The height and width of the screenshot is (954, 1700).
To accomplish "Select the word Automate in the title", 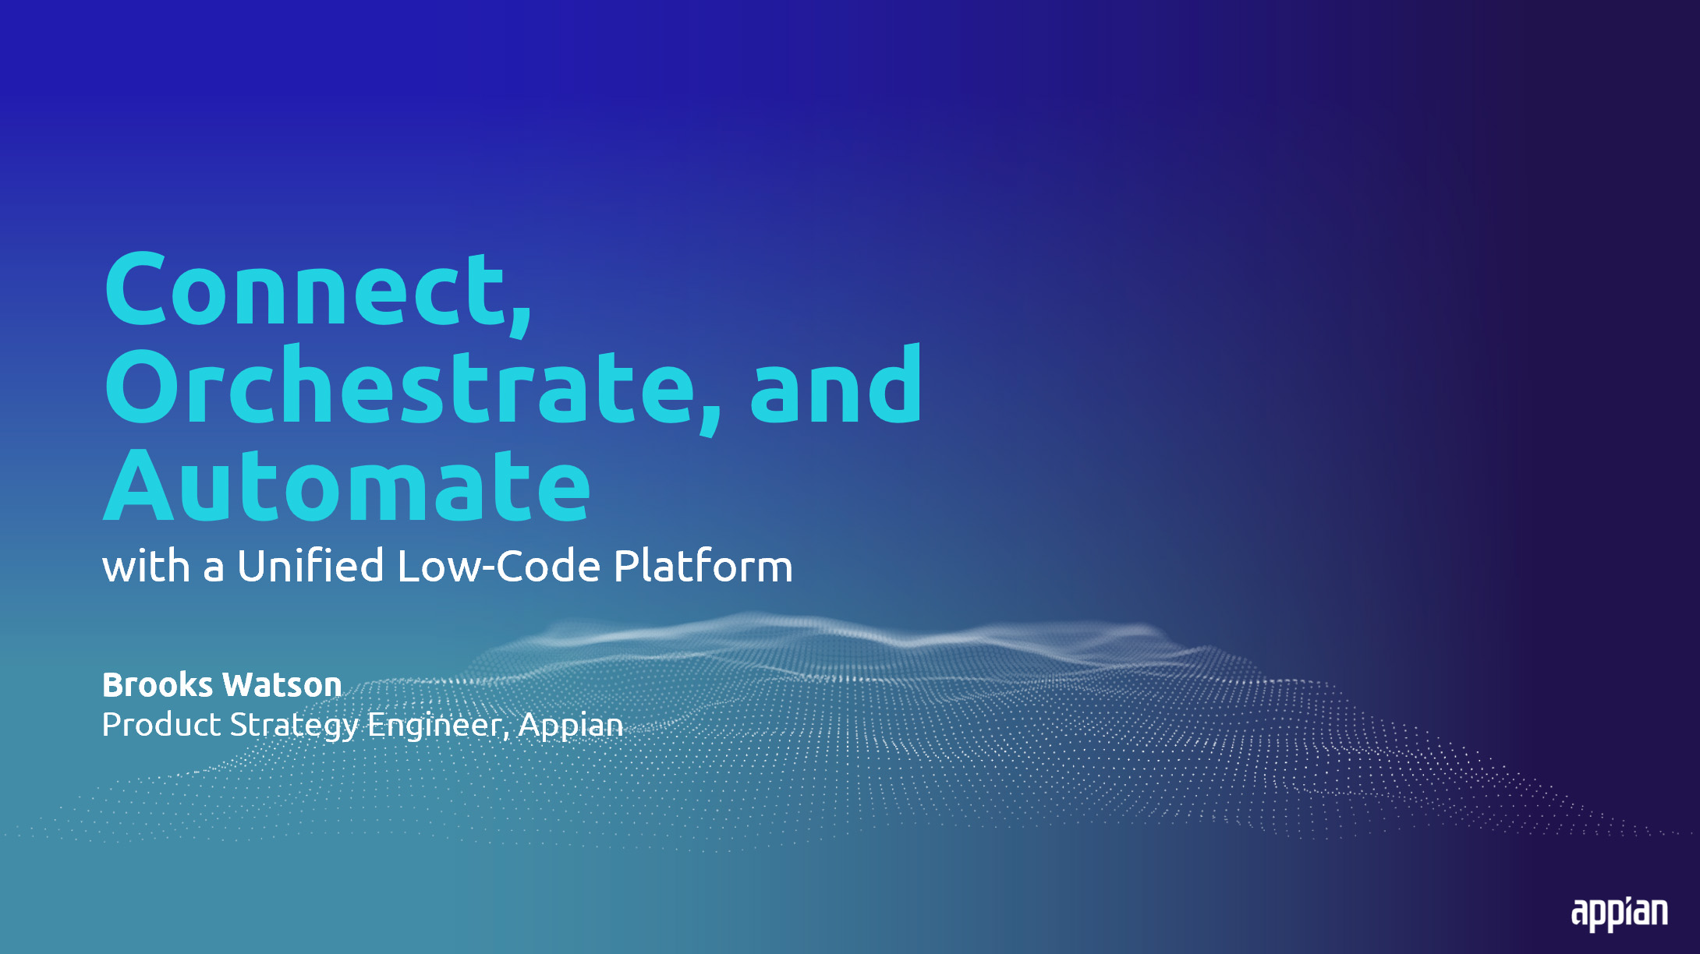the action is point(347,484).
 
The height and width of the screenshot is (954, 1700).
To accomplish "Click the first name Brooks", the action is point(158,685).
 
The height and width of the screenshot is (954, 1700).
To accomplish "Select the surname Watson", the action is point(282,685).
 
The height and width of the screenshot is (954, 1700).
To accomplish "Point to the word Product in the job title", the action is point(161,725).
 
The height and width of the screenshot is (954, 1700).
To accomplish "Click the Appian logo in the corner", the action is point(1619,913).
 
